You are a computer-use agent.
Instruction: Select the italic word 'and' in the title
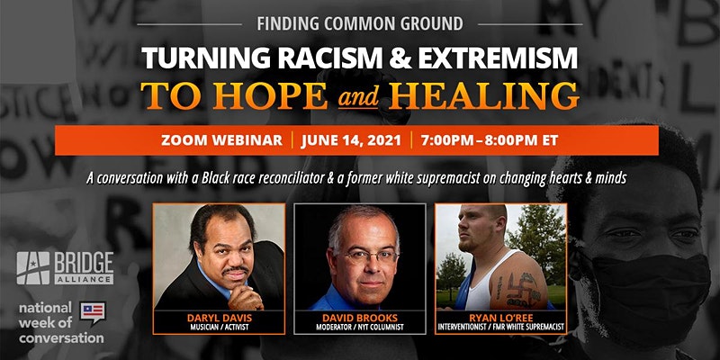358,97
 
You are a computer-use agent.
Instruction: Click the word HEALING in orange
483,95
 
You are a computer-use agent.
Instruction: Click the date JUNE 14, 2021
352,140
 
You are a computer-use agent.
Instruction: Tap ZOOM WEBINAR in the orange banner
221,140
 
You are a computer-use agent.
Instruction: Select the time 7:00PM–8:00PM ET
490,140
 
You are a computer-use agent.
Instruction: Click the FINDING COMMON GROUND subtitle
359,23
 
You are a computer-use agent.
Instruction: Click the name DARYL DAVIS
218,319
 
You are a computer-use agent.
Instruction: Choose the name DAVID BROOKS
360,319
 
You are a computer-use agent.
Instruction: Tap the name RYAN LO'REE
501,319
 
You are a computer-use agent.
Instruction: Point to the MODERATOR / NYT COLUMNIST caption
360,328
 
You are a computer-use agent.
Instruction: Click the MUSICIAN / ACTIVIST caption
218,328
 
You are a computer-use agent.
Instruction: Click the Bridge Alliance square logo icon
33,268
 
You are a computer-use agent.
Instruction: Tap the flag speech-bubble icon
93,312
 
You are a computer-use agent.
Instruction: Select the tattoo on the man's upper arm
519,289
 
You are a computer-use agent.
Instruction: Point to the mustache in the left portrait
236,270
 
